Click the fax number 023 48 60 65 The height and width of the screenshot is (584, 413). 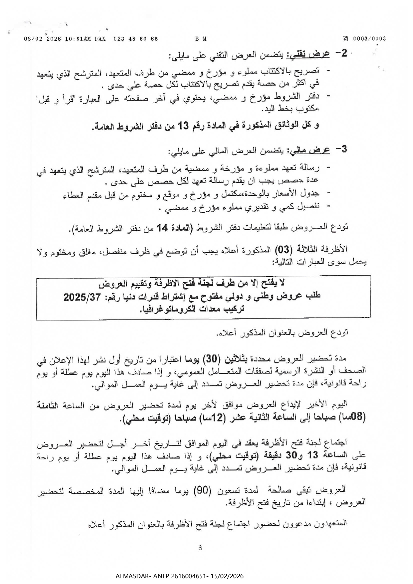pos(136,39)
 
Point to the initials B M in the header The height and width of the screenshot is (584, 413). pos(201,39)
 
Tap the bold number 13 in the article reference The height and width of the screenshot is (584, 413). pos(183,126)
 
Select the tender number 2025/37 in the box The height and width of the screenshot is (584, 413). pos(82,297)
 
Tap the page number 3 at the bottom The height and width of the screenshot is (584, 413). pos(200,548)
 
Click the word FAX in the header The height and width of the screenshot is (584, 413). pos(99,39)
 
